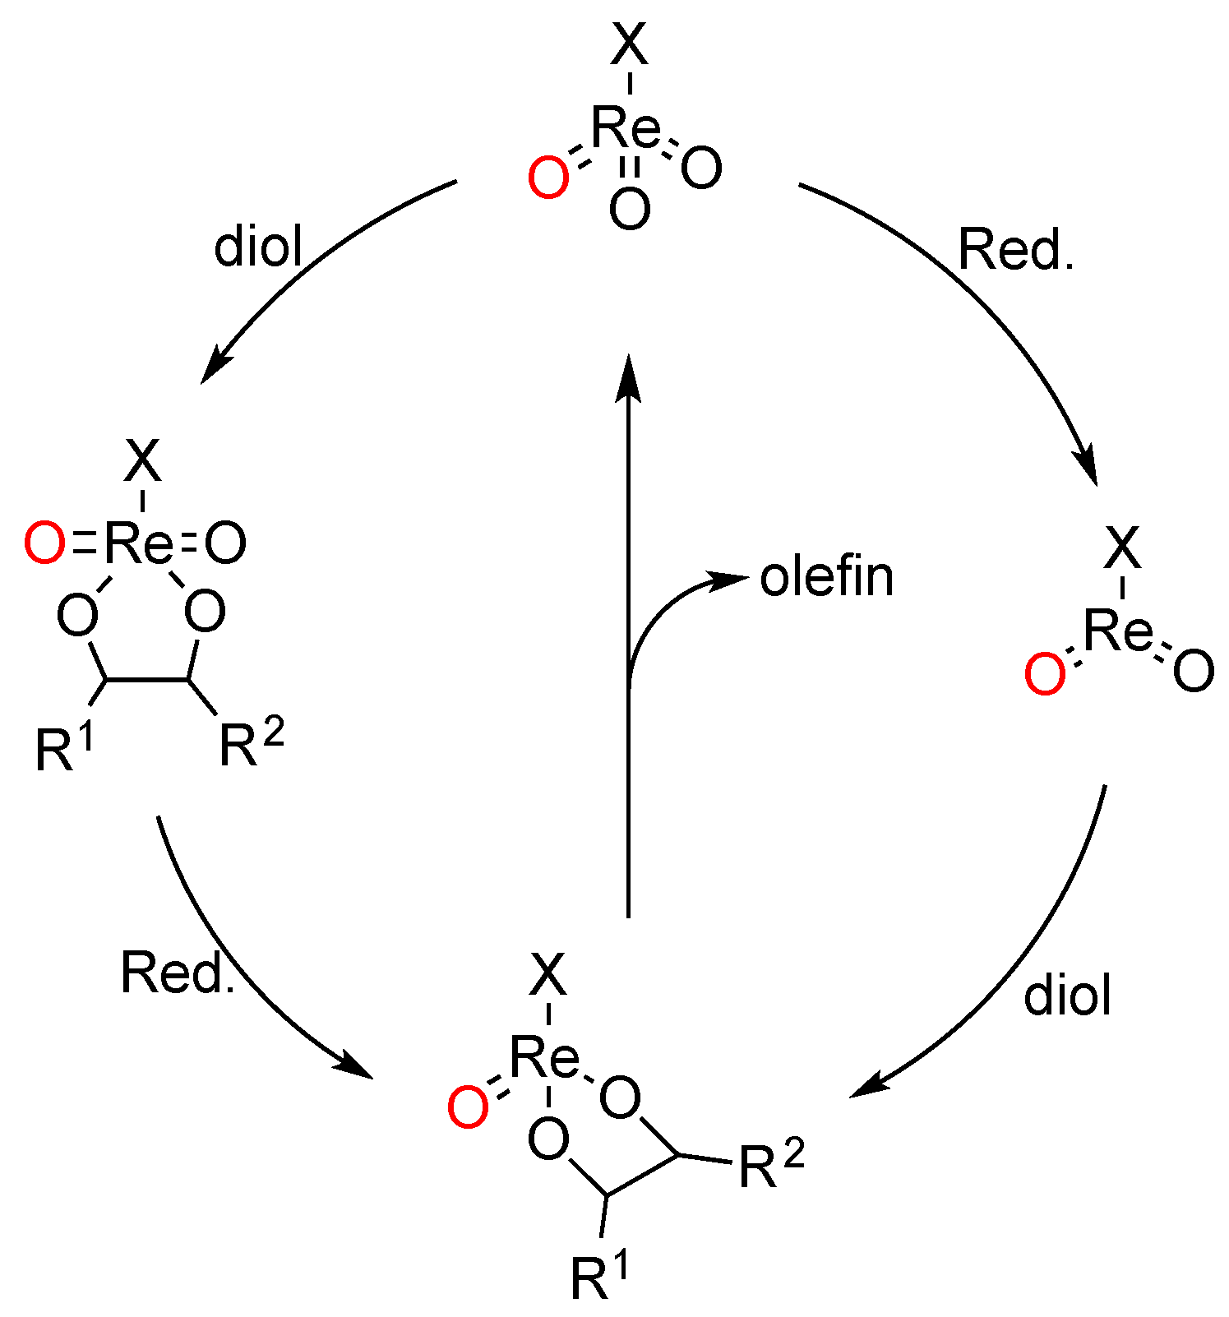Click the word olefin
click(826, 577)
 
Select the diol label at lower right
click(1067, 995)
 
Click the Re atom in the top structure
click(626, 128)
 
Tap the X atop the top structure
click(630, 46)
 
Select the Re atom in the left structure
click(141, 543)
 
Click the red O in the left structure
click(44, 544)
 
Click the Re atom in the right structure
click(1118, 631)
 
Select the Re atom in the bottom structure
click(544, 1057)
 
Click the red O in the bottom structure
click(469, 1107)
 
